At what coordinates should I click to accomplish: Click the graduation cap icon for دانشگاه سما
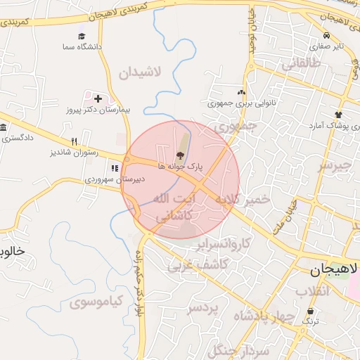(x=82, y=36)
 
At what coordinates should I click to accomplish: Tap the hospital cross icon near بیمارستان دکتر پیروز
(x=97, y=99)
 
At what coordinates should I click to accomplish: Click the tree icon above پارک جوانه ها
(x=181, y=155)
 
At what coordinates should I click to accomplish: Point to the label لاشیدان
(x=141, y=72)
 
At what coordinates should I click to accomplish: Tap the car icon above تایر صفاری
(x=326, y=36)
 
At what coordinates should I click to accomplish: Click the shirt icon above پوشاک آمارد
(x=338, y=115)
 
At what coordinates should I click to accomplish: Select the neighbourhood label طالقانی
(x=301, y=65)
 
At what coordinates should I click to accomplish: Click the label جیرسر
(x=333, y=166)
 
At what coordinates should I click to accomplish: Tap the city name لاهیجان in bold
(x=335, y=269)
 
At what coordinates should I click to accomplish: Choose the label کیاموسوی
(x=96, y=302)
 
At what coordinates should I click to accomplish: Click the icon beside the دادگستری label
(x=3, y=128)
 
